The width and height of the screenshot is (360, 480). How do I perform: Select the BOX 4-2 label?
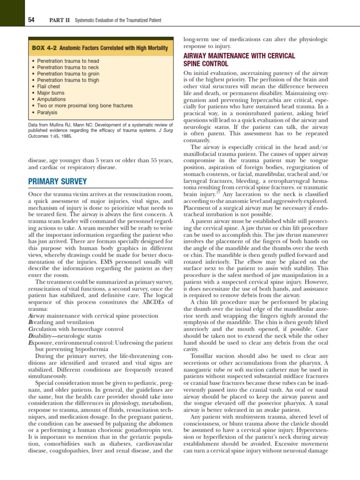point(45,48)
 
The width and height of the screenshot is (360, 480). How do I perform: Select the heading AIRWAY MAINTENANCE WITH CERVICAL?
point(239,56)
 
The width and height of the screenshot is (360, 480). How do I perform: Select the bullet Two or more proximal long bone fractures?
point(84,106)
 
